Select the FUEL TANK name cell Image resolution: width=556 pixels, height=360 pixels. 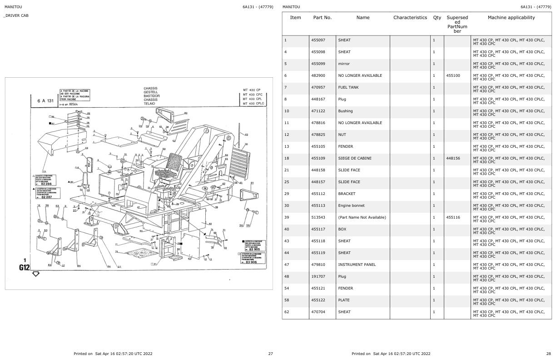point(348,87)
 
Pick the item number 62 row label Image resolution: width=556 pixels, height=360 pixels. point(286,312)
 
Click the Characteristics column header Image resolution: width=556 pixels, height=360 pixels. point(410,18)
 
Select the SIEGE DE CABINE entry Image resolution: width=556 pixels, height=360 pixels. point(354,158)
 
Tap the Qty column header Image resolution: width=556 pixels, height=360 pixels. point(437,18)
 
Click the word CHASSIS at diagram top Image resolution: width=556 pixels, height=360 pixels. point(150,89)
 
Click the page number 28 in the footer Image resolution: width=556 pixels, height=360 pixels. point(548,354)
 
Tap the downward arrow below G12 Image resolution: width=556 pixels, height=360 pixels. point(36,274)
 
